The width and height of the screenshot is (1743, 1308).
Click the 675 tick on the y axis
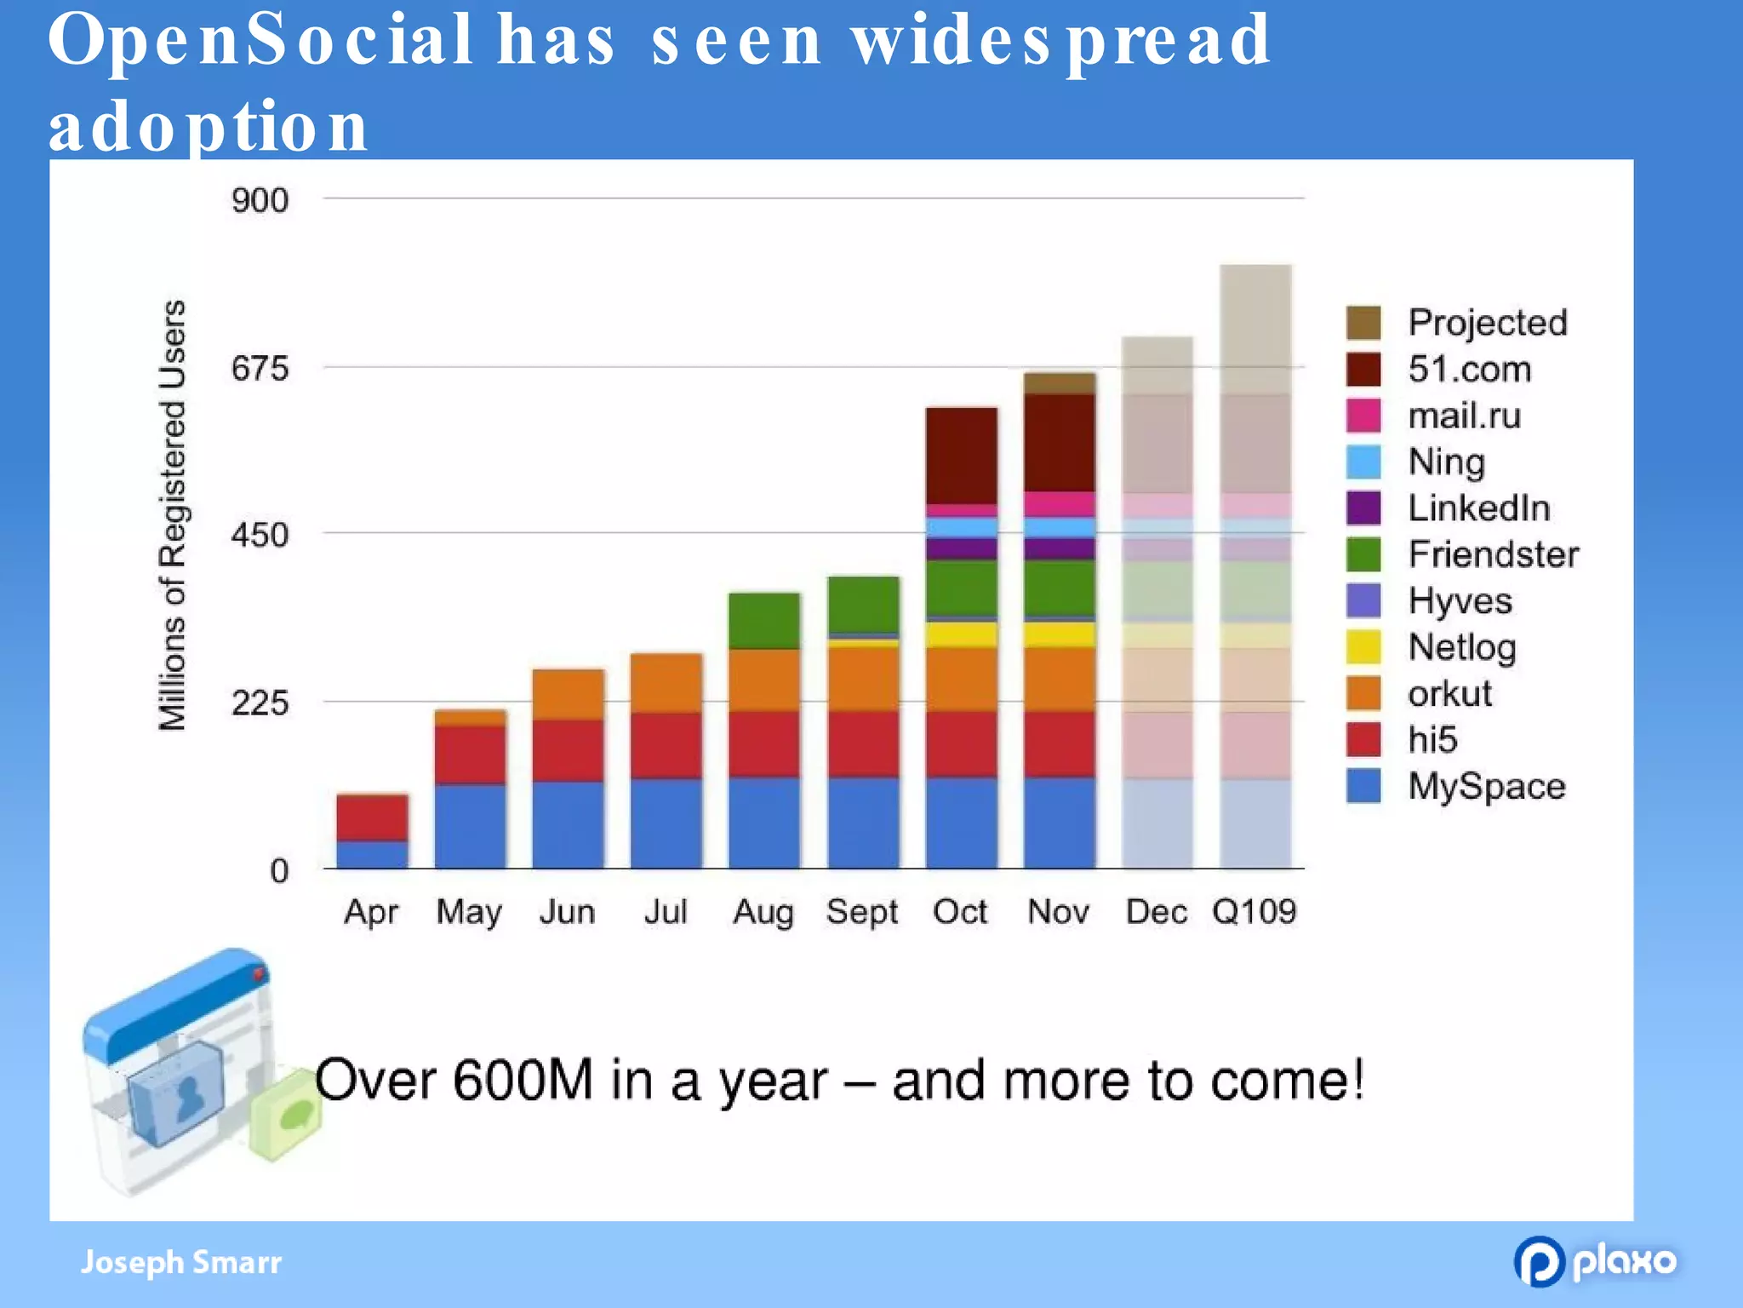260,369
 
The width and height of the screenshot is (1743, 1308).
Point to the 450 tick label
260,536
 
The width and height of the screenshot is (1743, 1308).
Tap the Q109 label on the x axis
1254,912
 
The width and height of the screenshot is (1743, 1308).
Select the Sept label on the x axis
861,912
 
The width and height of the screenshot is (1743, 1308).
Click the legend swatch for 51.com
1363,370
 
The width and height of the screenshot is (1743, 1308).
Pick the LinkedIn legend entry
1478,508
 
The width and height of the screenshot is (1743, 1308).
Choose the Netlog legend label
1461,648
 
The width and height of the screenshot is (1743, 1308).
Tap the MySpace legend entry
1486,787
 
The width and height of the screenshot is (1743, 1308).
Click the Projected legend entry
1487,323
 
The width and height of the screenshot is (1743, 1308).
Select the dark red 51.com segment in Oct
961,456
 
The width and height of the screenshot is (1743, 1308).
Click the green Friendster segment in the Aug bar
763,620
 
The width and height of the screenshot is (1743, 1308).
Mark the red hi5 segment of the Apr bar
372,817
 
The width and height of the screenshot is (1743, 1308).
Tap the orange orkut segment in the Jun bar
568,694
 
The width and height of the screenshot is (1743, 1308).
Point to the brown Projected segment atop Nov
1059,383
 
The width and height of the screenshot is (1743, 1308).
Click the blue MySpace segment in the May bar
470,826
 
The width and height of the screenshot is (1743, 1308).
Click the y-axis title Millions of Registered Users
173,515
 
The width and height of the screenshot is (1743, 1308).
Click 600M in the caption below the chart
522,1081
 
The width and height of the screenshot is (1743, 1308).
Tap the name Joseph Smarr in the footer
180,1262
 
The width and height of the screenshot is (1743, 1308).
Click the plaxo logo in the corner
1595,1261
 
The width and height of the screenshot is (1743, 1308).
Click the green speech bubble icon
287,1115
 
